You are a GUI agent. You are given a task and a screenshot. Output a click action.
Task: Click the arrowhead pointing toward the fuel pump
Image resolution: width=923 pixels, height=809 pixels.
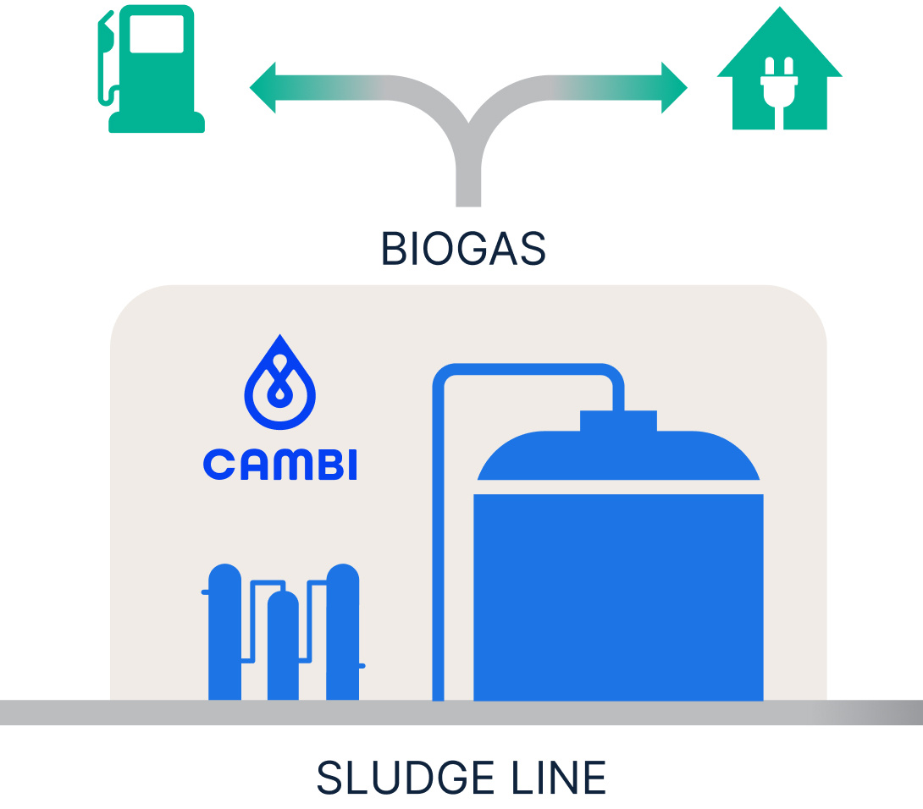(x=264, y=87)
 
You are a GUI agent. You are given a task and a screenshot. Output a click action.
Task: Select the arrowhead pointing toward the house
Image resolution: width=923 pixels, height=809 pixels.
(x=673, y=87)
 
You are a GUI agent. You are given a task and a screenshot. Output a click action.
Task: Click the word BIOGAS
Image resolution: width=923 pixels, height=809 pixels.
(x=463, y=249)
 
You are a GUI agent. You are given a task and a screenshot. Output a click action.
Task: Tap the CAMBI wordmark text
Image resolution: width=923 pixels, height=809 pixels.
(x=280, y=465)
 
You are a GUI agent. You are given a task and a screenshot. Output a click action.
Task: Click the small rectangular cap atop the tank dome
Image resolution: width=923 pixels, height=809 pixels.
(x=618, y=420)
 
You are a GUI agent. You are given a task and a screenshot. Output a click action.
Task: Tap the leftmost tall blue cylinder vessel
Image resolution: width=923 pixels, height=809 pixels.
(x=224, y=635)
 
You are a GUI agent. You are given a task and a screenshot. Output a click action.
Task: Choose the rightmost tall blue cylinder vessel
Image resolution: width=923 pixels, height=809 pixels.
(x=342, y=635)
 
